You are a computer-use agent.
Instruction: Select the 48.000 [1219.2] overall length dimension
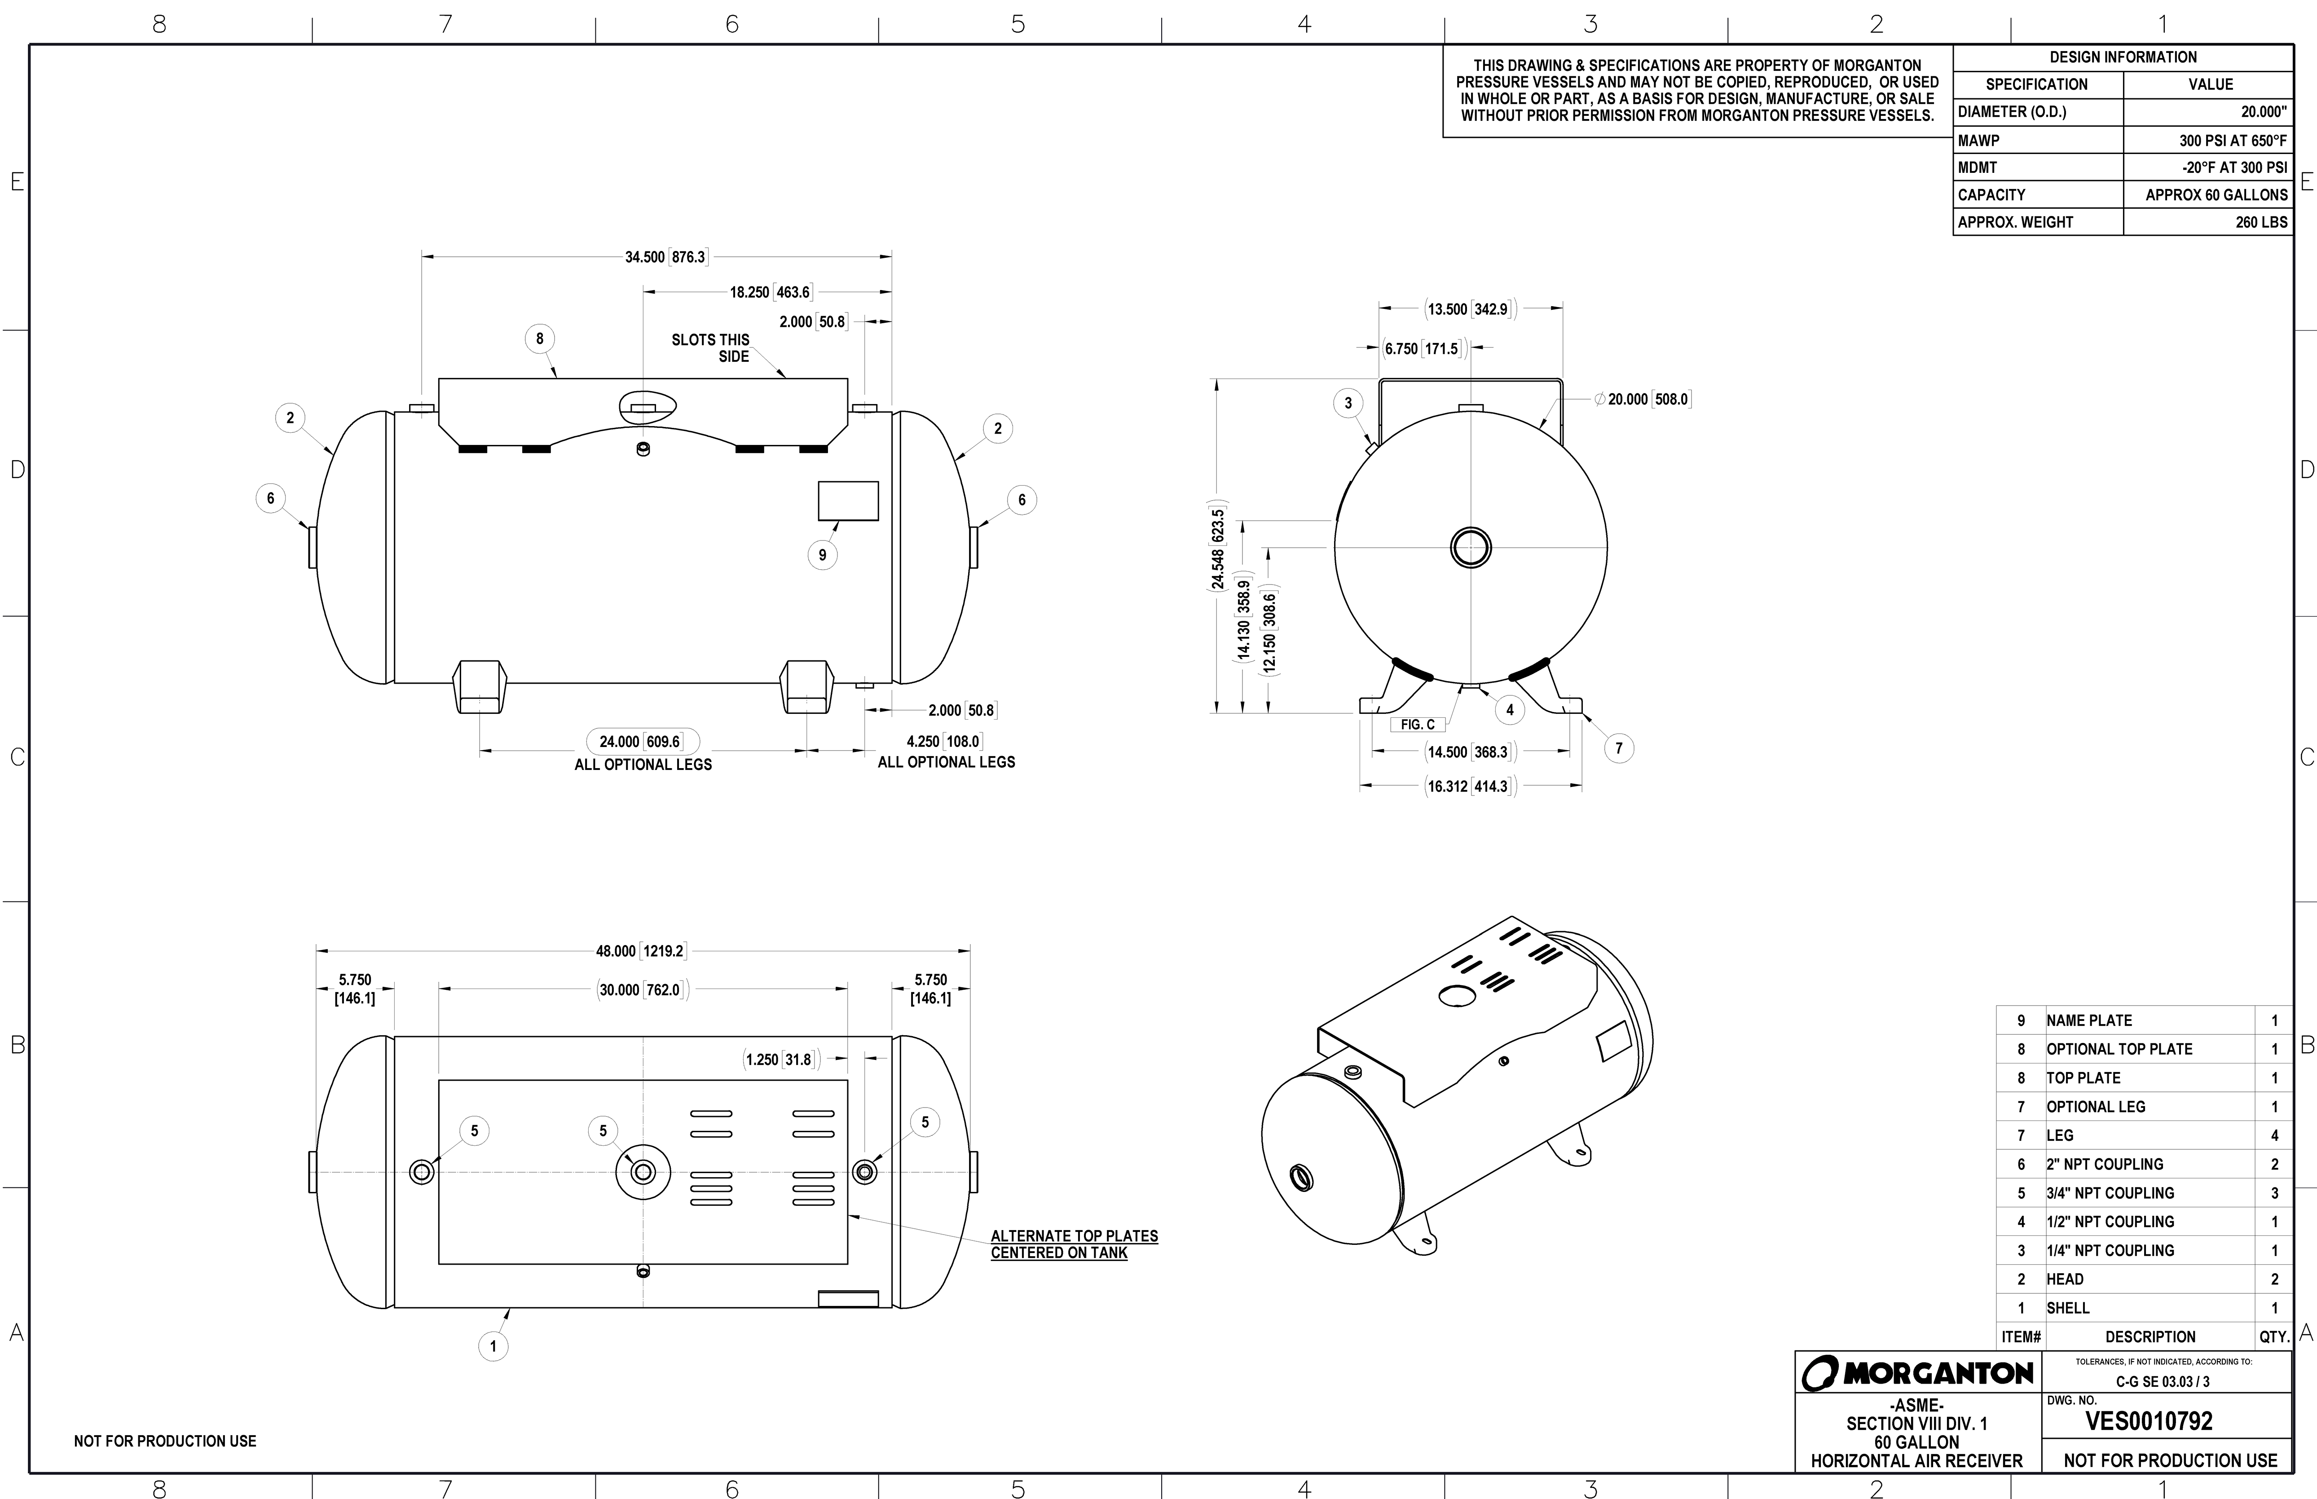tap(641, 951)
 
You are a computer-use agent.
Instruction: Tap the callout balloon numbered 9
tap(823, 555)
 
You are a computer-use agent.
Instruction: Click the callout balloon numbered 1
tap(493, 1346)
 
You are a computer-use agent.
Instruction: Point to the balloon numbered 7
tap(1619, 748)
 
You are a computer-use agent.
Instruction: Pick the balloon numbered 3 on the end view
tap(1348, 403)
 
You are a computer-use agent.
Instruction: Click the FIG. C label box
tap(1418, 724)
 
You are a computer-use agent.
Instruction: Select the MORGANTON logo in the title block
tap(1918, 1373)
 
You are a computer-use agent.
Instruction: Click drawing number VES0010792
tap(2149, 1421)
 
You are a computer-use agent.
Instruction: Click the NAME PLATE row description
tap(2089, 1020)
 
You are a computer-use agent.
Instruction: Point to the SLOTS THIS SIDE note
tap(712, 347)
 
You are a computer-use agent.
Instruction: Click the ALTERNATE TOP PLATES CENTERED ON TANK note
tap(1074, 1244)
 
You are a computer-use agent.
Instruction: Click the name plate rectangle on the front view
tap(848, 501)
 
